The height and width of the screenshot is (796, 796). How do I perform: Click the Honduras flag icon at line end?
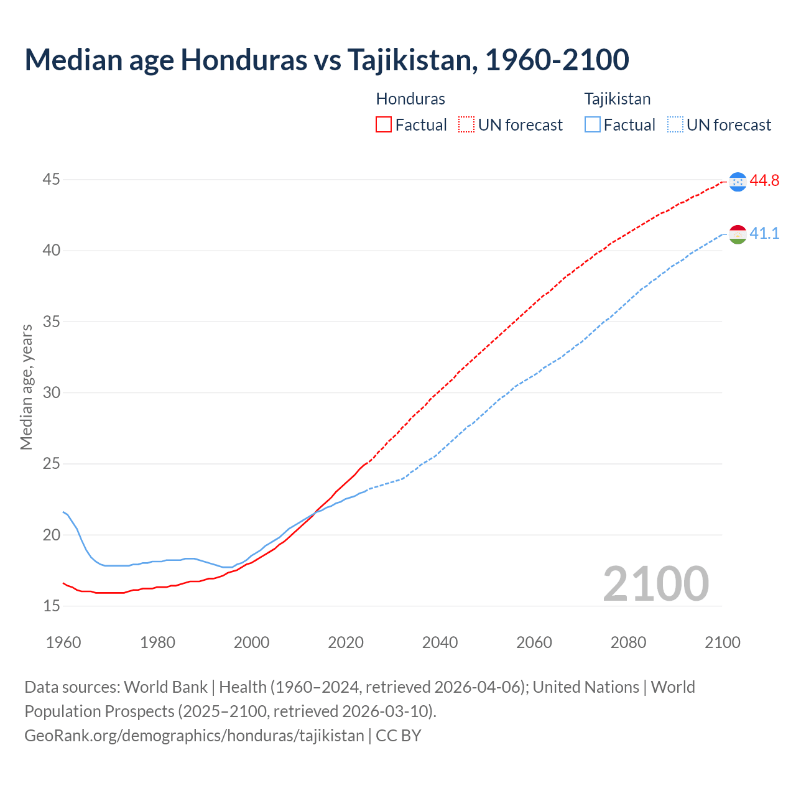coord(738,182)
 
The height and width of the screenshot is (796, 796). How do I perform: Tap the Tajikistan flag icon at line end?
coord(738,234)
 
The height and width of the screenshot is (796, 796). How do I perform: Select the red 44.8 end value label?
coord(764,181)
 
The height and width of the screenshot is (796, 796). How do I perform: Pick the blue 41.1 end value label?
coord(764,234)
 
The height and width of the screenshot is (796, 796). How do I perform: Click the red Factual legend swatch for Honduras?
coord(384,125)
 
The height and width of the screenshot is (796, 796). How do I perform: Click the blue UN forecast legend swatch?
coord(675,125)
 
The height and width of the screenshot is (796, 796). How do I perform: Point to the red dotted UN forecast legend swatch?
coord(466,125)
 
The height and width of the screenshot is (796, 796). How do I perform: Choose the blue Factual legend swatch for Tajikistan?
coord(593,125)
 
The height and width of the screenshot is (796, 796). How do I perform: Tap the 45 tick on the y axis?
coord(51,180)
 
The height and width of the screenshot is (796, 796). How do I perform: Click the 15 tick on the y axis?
coord(51,606)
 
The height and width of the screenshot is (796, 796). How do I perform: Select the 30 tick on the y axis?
coord(51,393)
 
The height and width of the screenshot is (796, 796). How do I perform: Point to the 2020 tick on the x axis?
coord(346,642)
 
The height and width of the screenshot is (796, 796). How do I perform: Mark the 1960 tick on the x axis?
coord(63,642)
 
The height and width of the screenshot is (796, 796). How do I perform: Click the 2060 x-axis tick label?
coord(534,642)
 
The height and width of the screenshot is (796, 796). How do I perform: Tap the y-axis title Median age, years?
coord(26,387)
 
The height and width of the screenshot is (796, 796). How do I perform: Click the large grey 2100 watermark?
coord(655,583)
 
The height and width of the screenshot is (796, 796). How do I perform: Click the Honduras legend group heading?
coord(410,99)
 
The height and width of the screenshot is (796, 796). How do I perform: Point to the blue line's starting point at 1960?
coord(63,512)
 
